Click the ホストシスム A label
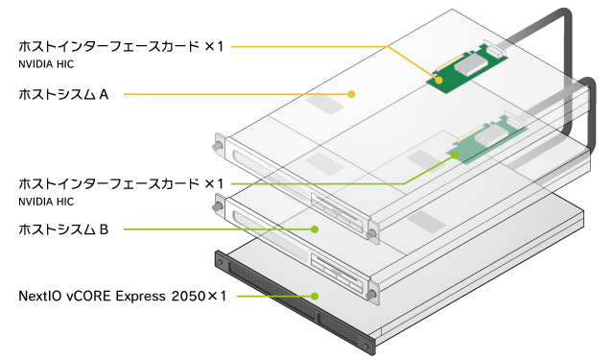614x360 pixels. (63, 94)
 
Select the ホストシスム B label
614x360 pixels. (63, 229)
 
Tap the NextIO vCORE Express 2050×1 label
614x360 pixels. (123, 296)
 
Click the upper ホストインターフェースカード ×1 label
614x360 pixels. (121, 46)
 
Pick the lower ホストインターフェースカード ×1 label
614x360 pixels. (121, 183)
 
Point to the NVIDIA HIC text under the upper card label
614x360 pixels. (46, 64)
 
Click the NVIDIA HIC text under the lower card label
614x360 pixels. (46, 202)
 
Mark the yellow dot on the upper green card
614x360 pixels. (439, 80)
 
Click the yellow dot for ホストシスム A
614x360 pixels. (351, 94)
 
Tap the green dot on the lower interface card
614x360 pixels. (455, 156)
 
